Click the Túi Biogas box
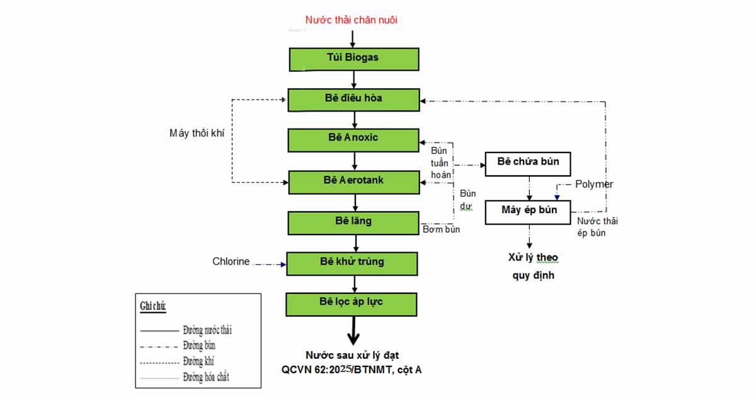click(354, 59)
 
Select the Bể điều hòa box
click(353, 100)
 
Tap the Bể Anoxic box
click(353, 140)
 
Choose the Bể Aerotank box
click(354, 182)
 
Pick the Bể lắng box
click(353, 223)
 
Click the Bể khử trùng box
click(352, 264)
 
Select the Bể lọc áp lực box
click(352, 305)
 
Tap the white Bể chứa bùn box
click(528, 164)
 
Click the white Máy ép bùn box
click(528, 213)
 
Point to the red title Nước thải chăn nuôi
click(352, 20)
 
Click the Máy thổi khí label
click(197, 133)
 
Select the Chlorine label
click(231, 261)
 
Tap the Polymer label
click(594, 184)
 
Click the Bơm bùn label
click(441, 230)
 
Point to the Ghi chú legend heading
click(153, 306)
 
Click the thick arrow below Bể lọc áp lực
click(353, 331)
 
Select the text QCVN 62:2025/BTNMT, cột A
click(352, 370)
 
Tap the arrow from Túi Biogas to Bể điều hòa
click(353, 79)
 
